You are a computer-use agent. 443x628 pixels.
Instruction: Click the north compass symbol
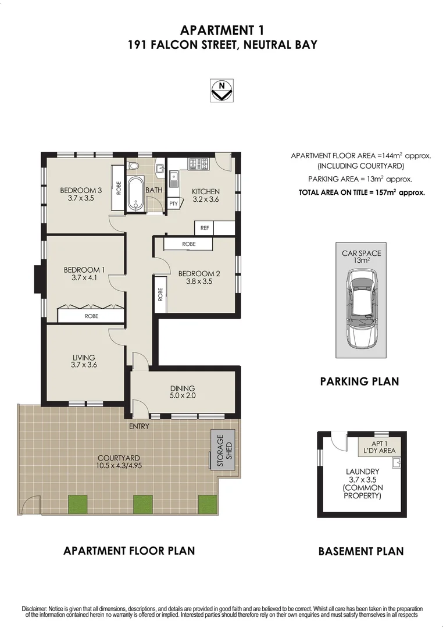coord(222,91)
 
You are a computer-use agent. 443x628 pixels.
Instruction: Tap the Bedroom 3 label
coord(80,190)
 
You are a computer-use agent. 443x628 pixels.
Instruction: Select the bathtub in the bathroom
coord(135,194)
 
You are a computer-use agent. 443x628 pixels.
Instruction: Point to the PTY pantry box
coord(173,204)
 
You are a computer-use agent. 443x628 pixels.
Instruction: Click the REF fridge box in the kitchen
coord(205,228)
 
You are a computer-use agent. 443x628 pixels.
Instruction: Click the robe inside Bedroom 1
coord(91,316)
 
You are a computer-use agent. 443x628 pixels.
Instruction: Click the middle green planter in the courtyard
coord(142,504)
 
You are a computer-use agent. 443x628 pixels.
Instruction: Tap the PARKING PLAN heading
coord(359,381)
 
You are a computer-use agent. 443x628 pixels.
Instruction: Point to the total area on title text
coord(361,192)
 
